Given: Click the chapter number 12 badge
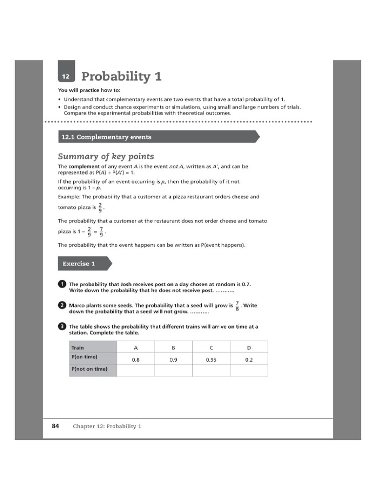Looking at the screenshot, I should [66, 76].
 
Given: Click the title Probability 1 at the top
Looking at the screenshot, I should [121, 77].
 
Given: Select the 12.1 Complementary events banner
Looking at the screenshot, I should [156, 137].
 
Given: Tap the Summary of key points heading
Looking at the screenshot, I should [106, 156].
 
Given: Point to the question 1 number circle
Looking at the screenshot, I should [62, 284].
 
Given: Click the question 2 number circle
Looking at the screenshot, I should [62, 305].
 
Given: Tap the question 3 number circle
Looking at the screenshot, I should [62, 327].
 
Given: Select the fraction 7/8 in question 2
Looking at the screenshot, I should [237, 306].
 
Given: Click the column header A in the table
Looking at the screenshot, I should [136, 348].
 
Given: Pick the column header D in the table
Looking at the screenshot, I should [249, 348].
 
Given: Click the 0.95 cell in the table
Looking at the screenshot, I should [211, 360].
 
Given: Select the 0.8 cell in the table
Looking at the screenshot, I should [136, 360].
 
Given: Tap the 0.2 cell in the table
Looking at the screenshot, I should [249, 360].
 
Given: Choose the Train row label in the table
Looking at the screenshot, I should [78, 348].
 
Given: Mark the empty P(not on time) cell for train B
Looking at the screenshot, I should [173, 371].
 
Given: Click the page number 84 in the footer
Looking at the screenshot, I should [55, 426].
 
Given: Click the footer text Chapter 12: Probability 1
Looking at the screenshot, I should [107, 426].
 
